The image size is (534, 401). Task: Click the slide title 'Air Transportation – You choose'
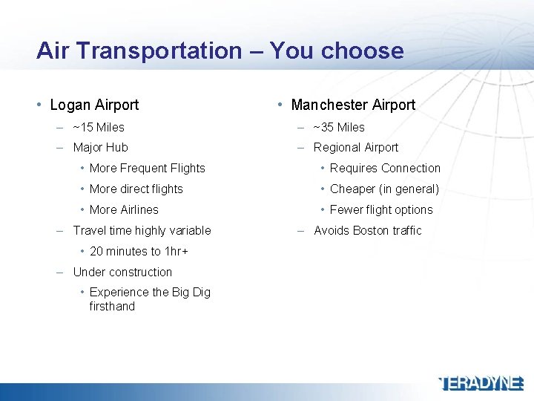coord(220,50)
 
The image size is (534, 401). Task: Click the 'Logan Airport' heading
coord(94,105)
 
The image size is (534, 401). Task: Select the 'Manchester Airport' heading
coord(353,105)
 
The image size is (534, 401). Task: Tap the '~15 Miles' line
coord(99,127)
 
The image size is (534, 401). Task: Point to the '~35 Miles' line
coord(339,127)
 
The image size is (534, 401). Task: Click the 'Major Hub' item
coord(100,148)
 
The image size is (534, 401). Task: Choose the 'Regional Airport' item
coord(356,148)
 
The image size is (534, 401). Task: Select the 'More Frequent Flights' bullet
coord(147,169)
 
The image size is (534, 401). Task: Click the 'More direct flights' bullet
coord(136,189)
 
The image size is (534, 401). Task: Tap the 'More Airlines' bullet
coord(124,210)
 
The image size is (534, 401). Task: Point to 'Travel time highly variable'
coord(142,231)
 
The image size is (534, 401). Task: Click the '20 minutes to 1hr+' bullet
coord(139,252)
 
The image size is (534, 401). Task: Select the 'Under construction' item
coord(122,273)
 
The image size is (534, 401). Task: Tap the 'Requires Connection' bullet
coord(385,169)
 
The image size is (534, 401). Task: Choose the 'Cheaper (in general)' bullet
coord(384,189)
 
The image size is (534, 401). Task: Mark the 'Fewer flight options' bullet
coord(381,210)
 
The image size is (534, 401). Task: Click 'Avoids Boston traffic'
coord(367,231)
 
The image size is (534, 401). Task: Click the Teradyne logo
coord(482,383)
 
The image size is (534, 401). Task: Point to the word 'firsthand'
coord(112,307)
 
